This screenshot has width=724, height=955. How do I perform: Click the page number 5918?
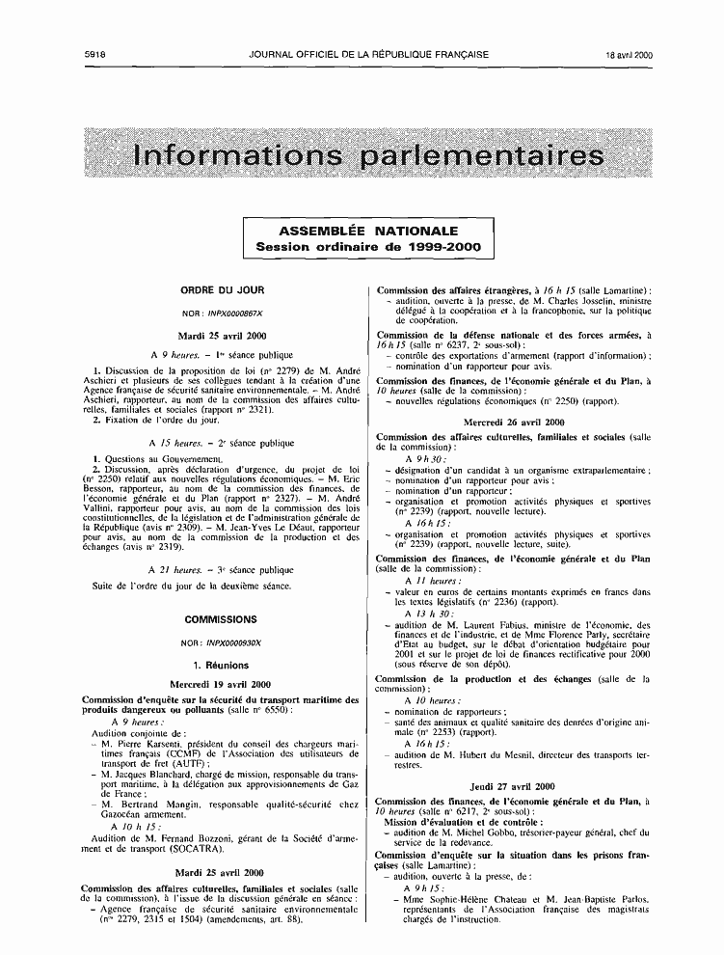[94, 55]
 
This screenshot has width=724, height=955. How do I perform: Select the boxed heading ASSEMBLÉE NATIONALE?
[368, 232]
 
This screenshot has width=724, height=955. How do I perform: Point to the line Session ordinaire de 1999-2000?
[368, 247]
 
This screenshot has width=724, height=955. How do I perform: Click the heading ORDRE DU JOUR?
[223, 289]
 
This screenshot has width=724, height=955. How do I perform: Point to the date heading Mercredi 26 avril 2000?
[514, 423]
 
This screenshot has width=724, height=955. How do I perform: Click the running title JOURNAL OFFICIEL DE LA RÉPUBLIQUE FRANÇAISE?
[367, 55]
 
